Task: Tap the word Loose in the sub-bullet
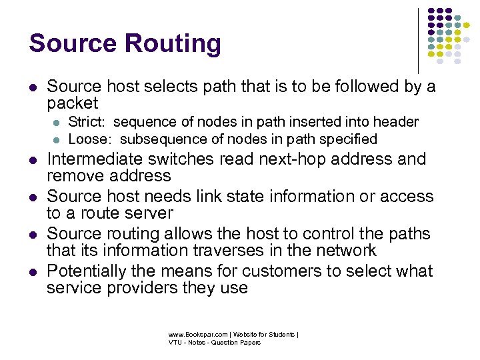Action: coord(88,139)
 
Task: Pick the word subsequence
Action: coord(163,139)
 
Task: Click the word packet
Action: coord(72,104)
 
